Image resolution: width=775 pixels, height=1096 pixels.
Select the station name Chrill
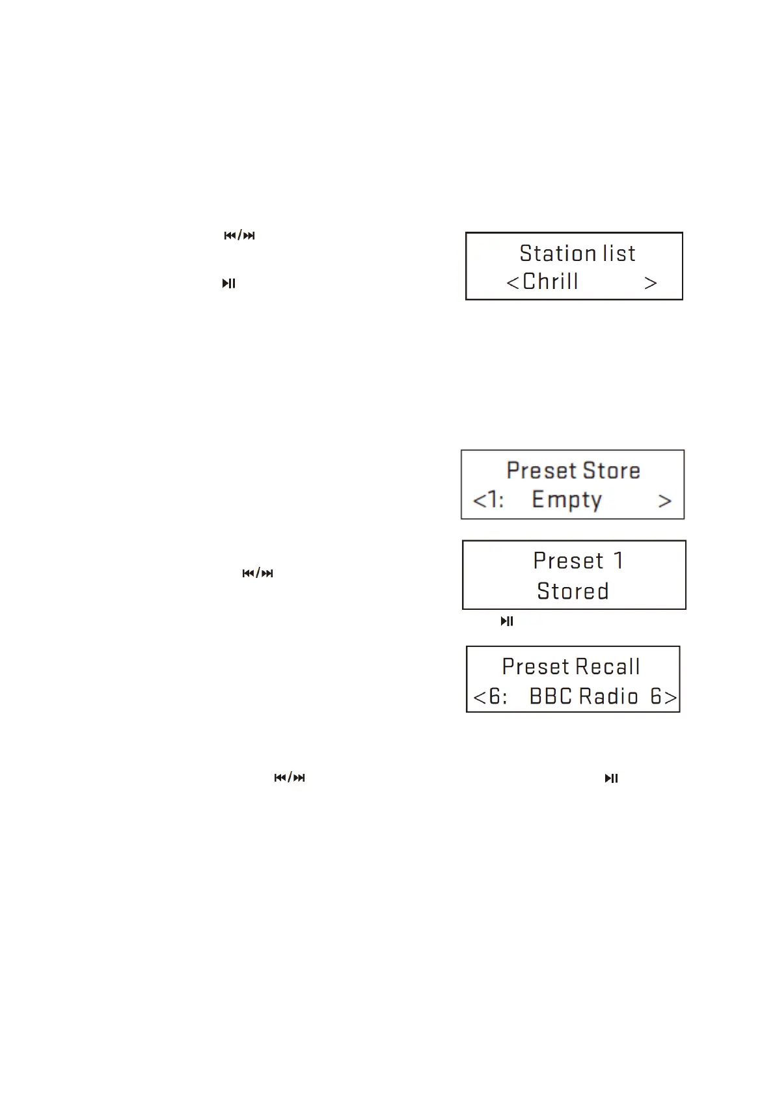coord(550,282)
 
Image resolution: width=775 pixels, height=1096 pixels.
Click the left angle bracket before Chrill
coord(513,283)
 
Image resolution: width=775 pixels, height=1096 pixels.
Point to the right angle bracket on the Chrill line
coord(650,283)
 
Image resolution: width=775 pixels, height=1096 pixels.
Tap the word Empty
coord(566,500)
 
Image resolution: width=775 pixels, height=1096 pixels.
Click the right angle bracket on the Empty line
coord(664,501)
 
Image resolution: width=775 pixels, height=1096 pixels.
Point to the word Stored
coord(573,592)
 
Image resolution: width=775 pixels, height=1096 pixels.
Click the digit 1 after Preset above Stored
coord(618,561)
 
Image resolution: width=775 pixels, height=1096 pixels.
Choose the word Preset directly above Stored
coord(568,561)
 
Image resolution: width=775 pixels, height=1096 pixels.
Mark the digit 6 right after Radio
coord(656,697)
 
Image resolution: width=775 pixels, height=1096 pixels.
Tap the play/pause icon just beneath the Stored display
coord(507,622)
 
